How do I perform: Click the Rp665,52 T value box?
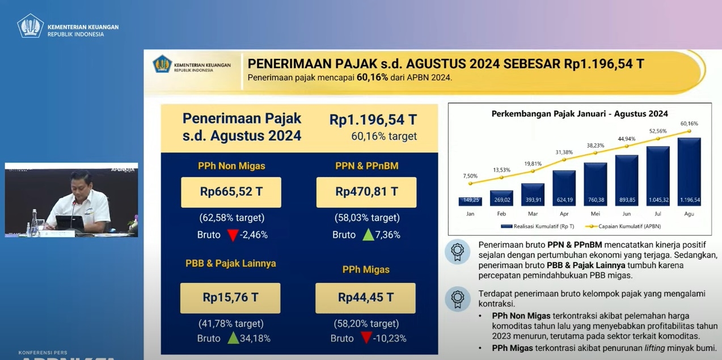231,192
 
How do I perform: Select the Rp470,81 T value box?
366,192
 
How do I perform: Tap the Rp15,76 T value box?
230,298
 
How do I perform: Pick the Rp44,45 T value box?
365,298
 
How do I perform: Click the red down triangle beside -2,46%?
233,235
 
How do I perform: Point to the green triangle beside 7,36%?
368,235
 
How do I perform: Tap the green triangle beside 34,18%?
233,338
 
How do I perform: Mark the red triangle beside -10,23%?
366,338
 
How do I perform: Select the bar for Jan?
470,201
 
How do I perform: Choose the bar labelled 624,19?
564,188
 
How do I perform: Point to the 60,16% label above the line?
689,124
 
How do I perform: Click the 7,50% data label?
470,176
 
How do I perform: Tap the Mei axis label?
595,214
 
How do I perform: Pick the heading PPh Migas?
366,269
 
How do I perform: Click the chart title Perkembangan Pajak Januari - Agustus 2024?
579,113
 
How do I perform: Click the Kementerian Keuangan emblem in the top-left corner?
30,26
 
